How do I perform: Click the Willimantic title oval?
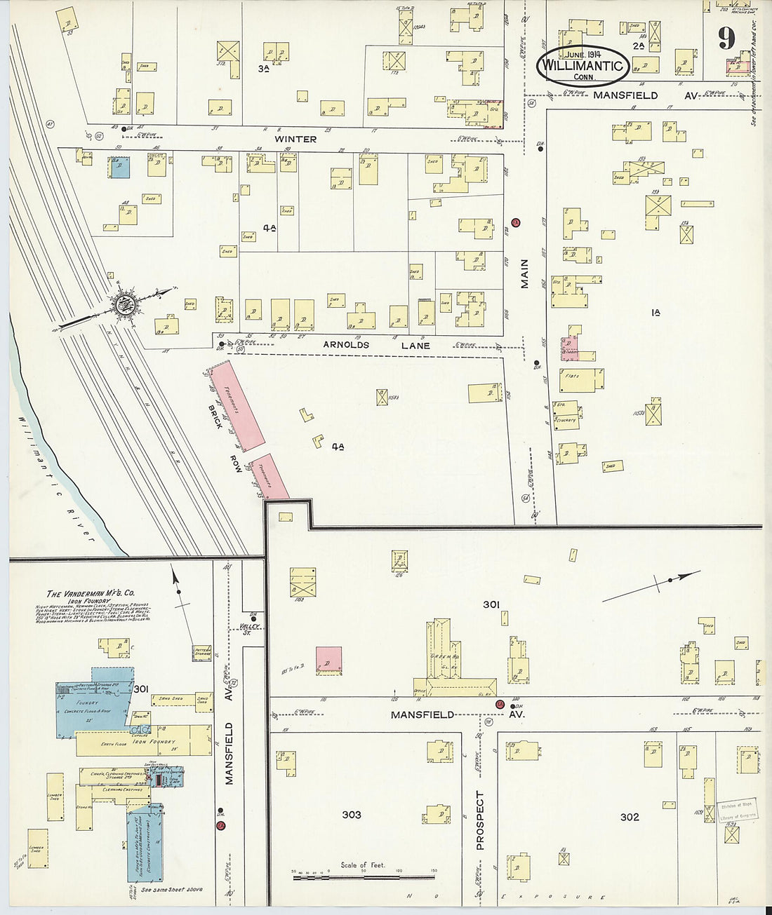(x=581, y=66)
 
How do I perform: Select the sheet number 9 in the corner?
(x=727, y=39)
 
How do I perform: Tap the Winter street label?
(x=295, y=139)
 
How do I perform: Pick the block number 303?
(x=351, y=814)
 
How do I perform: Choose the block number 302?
(x=630, y=817)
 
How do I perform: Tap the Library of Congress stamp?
(x=736, y=812)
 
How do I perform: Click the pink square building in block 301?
(x=328, y=660)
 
